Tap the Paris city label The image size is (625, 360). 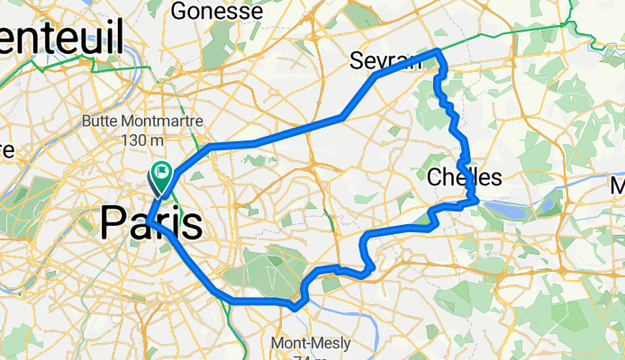150,222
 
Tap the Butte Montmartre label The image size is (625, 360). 141,121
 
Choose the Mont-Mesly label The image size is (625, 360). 303,342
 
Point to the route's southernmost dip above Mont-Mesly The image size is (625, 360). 295,308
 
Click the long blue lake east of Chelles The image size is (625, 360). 508,209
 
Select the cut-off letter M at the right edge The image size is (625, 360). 617,186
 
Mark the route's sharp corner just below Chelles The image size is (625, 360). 475,201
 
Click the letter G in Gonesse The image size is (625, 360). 178,12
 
